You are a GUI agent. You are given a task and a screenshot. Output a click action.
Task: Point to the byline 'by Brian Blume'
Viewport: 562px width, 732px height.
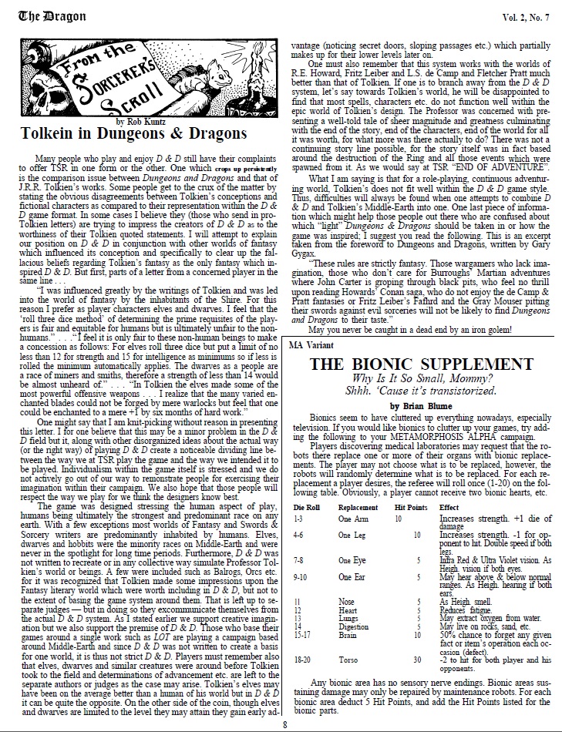(x=417, y=383)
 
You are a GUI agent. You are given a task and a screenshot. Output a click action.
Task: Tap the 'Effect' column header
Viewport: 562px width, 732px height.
(x=470, y=507)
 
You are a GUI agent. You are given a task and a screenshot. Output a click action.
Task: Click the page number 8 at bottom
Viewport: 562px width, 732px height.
(x=284, y=724)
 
